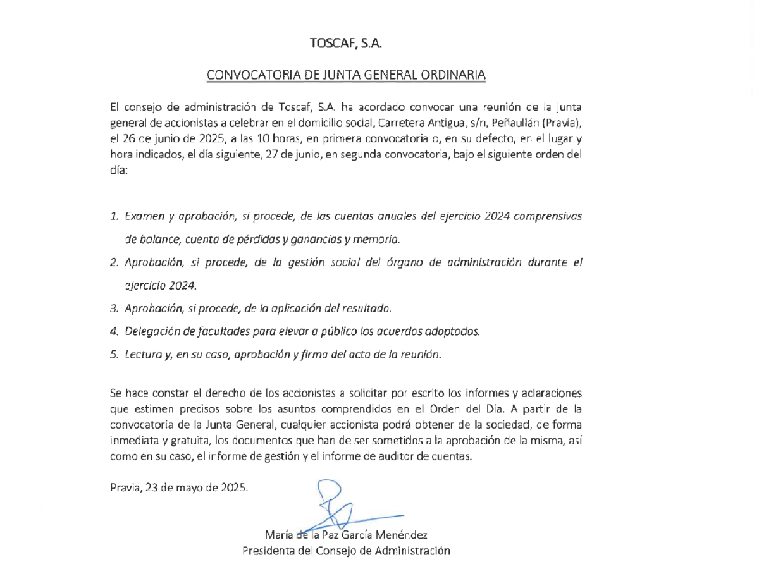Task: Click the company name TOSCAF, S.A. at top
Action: point(347,44)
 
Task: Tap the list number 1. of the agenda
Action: point(114,216)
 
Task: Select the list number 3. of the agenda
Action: point(114,309)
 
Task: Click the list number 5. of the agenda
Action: point(114,355)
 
